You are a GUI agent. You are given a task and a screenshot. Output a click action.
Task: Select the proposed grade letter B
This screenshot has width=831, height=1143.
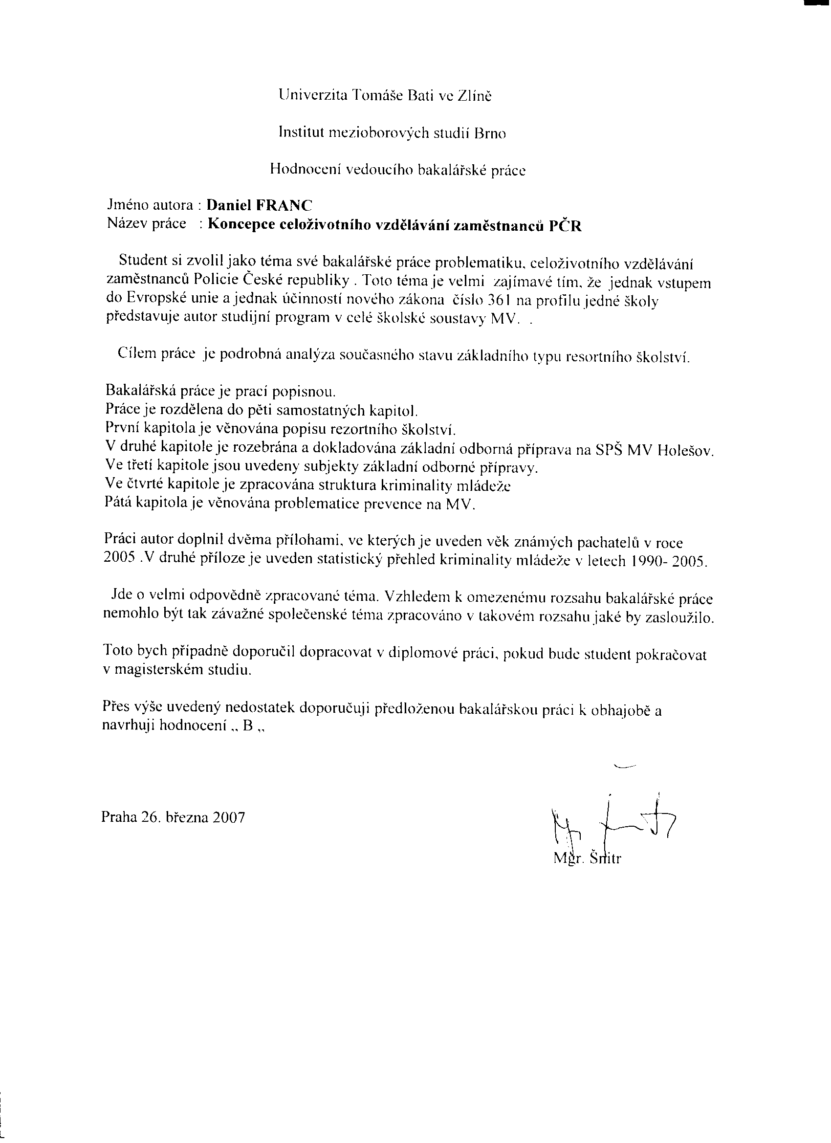(x=247, y=727)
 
